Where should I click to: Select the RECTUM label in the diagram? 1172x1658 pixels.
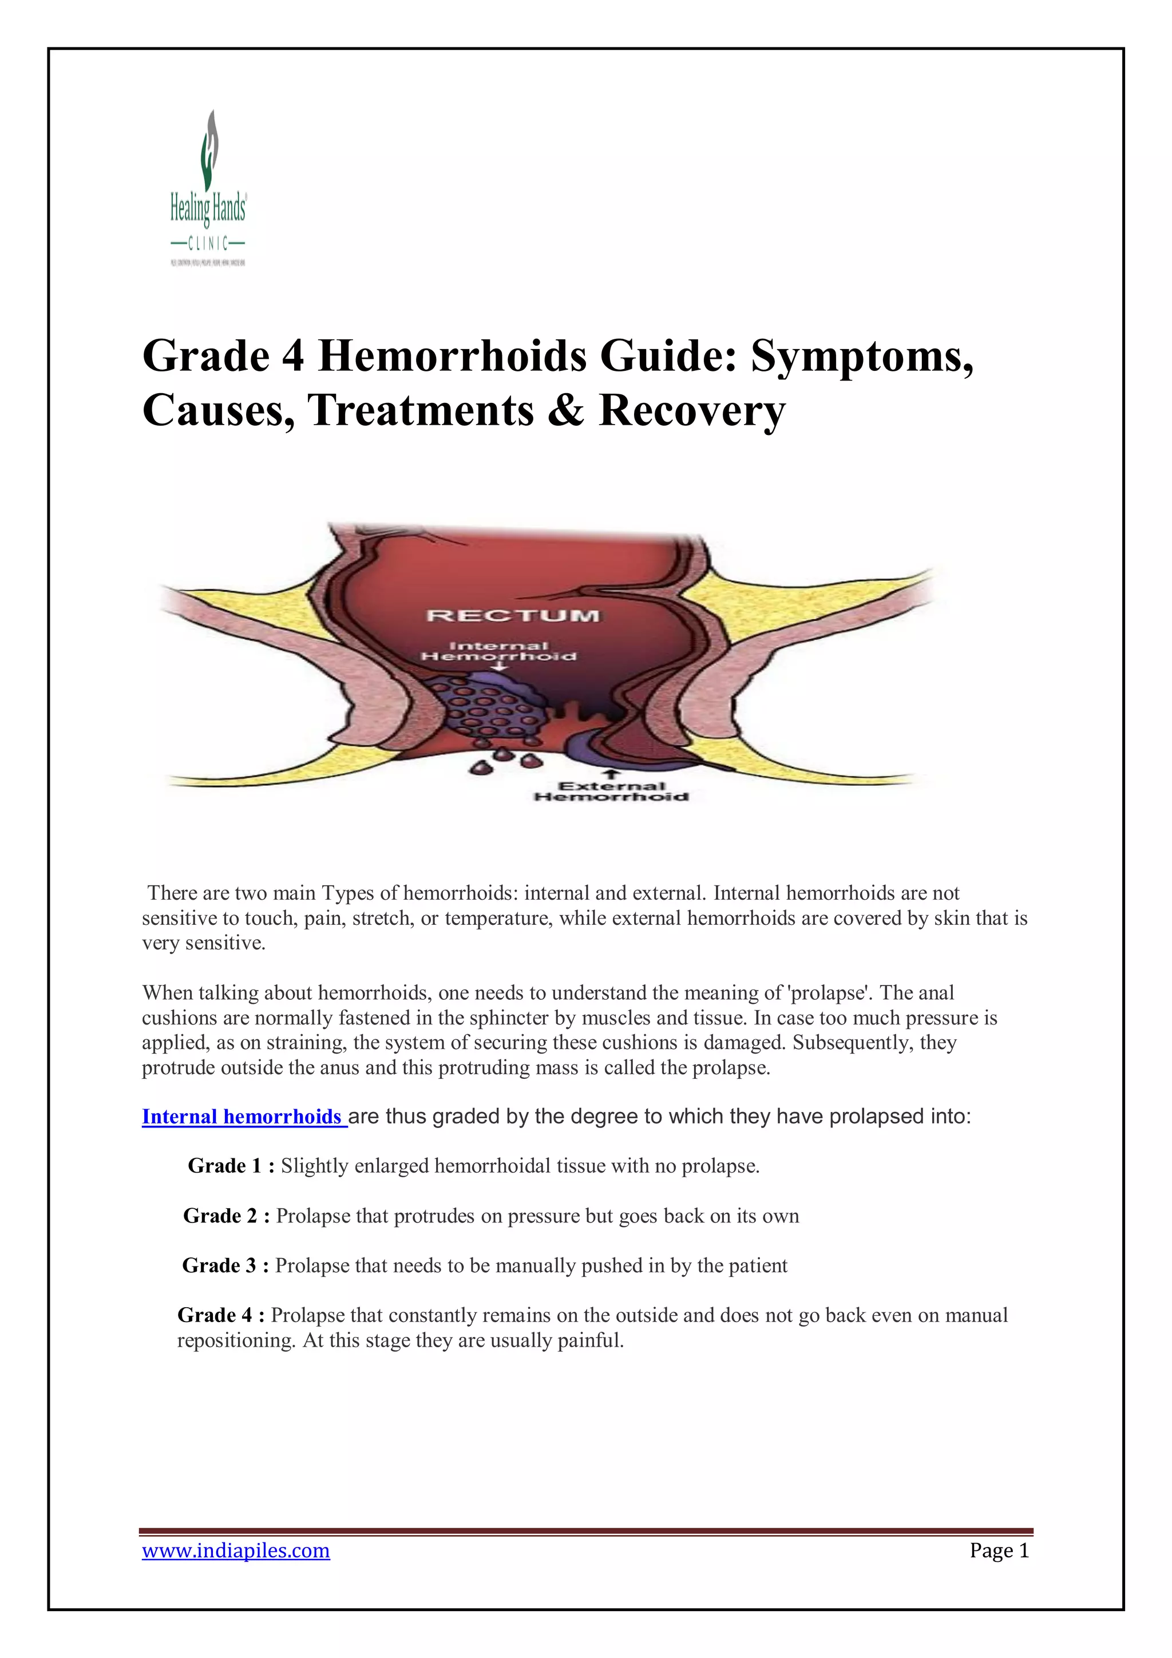513,616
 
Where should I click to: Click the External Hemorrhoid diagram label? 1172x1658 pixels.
611,792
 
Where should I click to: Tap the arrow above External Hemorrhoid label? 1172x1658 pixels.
612,773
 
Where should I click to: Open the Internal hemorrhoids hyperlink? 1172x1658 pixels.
243,1117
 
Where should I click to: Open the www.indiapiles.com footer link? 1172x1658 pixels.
235,1550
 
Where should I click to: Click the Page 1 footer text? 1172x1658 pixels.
999,1550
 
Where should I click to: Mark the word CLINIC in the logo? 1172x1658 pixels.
208,242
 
